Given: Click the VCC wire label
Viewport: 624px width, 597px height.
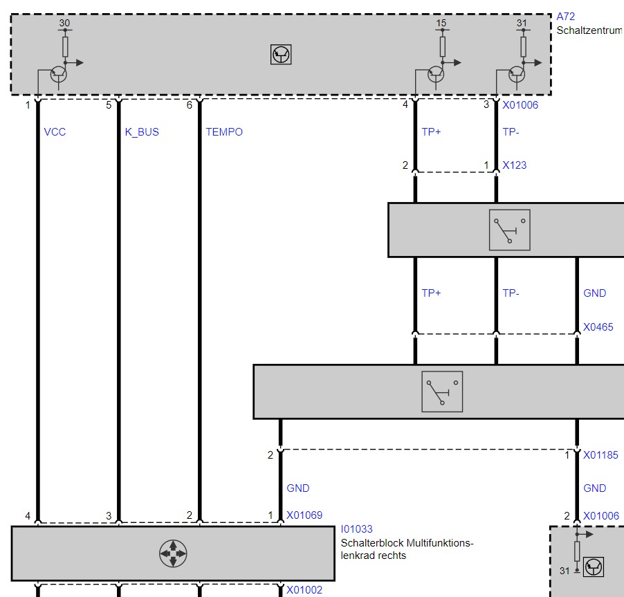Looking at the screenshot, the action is coord(55,131).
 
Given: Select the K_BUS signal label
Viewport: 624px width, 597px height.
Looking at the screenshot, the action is coord(142,132).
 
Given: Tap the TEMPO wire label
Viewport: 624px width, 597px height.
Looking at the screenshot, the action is coord(224,131).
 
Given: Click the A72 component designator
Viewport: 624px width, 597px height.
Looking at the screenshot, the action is coord(565,17).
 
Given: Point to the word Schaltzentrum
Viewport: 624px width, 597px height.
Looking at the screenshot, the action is coord(590,30).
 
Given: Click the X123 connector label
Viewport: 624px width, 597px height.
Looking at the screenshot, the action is coord(514,165).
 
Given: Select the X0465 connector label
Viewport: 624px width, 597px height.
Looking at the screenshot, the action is coord(598,327).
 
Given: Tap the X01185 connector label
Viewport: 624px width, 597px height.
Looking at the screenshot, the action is coord(600,455).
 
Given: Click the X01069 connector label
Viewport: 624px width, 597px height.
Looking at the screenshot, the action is coord(304,515).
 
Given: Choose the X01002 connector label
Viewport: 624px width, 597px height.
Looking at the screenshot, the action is coord(304,590).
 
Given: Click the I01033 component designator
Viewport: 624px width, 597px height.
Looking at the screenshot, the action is coord(356,529).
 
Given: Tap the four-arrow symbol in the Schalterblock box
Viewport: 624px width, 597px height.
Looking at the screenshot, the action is coord(173,553).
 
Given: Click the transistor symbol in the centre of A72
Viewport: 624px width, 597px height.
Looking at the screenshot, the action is coord(281,55).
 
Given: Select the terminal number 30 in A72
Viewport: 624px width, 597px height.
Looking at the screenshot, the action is coord(64,23).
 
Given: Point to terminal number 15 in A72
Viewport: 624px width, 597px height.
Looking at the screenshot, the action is coord(441,23).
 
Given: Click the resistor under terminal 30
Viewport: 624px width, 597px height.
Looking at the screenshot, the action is coord(65,47).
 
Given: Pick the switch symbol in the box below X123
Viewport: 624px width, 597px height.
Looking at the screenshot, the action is coord(510,230).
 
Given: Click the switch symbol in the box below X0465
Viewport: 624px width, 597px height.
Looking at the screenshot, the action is coord(442,392).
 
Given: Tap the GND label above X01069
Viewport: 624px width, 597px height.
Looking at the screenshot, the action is coord(298,488).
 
